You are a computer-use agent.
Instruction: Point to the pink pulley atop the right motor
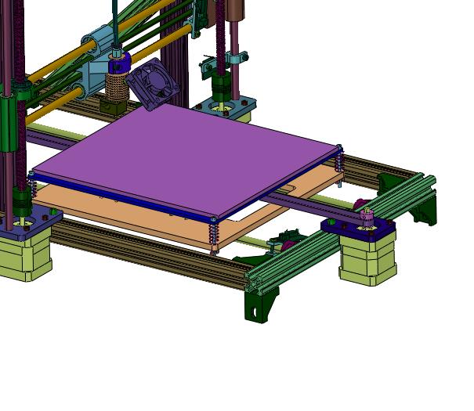[x=365, y=215]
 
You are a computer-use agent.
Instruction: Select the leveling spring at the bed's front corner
[x=214, y=231]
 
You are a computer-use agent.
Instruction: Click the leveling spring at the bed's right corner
[x=339, y=161]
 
